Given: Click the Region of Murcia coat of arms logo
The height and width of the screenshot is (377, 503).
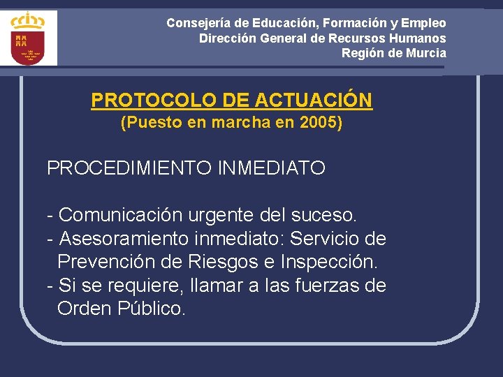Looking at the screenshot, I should click(29, 38).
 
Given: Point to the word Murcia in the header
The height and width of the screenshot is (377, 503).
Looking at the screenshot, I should click(424, 53).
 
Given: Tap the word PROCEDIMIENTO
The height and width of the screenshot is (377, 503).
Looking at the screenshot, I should click(130, 168).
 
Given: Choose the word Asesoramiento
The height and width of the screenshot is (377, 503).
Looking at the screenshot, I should click(124, 239).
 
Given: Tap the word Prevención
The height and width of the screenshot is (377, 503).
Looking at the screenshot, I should click(103, 263).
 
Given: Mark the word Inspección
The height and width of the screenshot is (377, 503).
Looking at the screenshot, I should click(329, 263).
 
